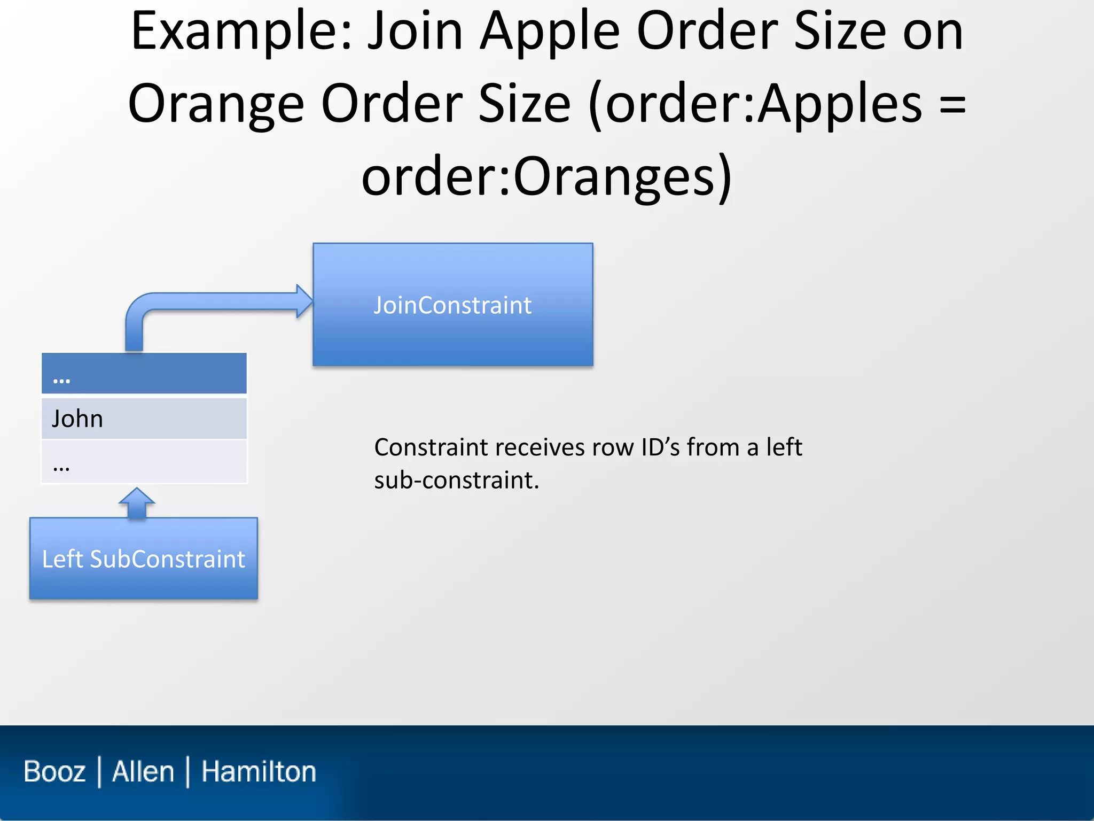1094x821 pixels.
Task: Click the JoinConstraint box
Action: tap(452, 305)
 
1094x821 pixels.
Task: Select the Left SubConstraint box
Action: tap(143, 559)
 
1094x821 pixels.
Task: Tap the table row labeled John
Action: tap(144, 419)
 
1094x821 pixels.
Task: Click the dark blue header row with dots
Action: tap(144, 374)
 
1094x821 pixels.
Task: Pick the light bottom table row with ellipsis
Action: tap(144, 462)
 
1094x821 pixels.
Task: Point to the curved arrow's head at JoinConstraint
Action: tap(304, 301)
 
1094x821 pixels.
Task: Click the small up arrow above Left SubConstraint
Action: tap(137, 502)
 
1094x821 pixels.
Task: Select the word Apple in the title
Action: tap(550, 32)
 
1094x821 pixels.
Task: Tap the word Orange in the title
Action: tap(216, 104)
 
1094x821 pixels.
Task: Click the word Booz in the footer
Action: tap(54, 771)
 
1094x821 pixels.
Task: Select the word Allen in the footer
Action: tap(143, 771)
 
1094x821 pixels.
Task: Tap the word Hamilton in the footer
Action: tap(259, 771)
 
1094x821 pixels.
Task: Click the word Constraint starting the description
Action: tap(431, 447)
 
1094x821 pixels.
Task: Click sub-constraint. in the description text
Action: tap(456, 480)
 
